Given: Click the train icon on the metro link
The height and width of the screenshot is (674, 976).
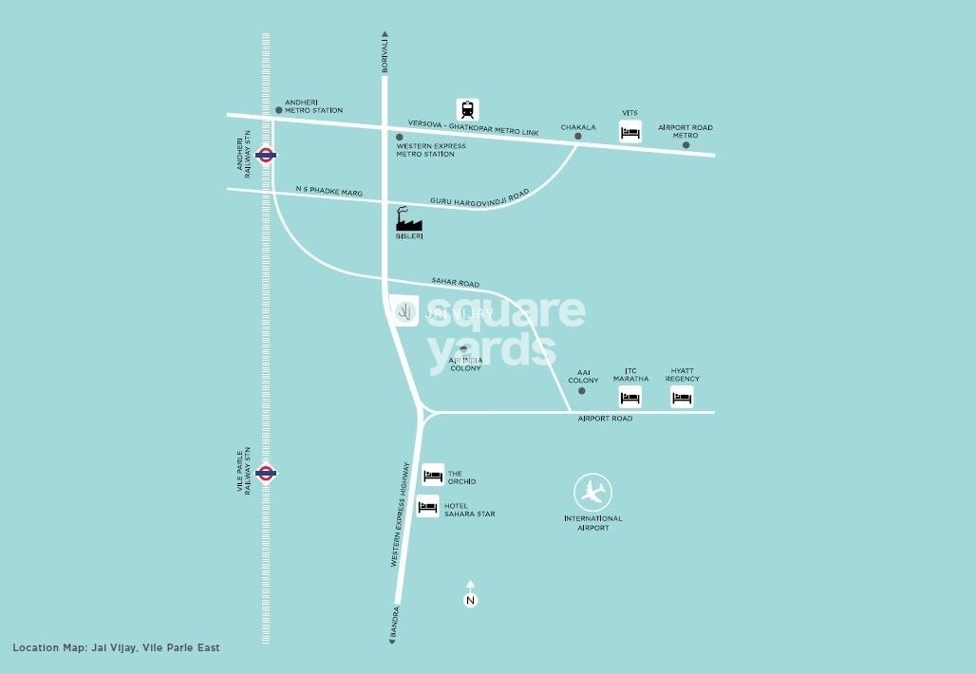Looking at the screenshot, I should click(x=468, y=108).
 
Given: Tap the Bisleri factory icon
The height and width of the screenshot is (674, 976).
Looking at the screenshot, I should click(x=408, y=220).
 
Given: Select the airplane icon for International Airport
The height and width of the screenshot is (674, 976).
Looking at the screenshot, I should click(x=593, y=493).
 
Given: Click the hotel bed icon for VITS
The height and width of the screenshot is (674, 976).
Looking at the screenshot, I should click(x=630, y=132).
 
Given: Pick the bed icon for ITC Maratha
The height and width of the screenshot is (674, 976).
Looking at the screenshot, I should click(x=630, y=397).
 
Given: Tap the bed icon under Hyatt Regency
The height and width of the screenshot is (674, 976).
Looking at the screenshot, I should click(x=682, y=397).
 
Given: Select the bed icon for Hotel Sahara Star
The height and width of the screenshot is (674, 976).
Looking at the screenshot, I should click(x=428, y=507).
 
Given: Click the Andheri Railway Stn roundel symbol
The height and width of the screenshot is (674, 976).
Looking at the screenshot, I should click(x=267, y=155).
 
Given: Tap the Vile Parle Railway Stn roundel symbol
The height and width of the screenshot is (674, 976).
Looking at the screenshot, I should click(x=267, y=472).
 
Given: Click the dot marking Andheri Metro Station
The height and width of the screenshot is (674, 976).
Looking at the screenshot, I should click(x=278, y=110).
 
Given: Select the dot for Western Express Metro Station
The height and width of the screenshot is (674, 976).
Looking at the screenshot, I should click(x=400, y=137).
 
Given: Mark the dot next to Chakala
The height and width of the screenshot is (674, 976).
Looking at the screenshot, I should click(x=576, y=137).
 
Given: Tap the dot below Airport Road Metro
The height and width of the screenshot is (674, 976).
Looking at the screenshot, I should click(x=685, y=145).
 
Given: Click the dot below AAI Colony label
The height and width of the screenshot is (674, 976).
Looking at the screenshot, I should click(x=582, y=391).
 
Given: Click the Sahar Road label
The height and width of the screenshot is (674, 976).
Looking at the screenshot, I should click(x=456, y=284).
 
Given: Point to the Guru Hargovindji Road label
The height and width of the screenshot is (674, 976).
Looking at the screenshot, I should click(x=479, y=200).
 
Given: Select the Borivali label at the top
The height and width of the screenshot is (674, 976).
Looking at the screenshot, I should click(x=385, y=54).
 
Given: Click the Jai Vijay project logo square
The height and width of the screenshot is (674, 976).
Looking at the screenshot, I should click(x=405, y=311).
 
